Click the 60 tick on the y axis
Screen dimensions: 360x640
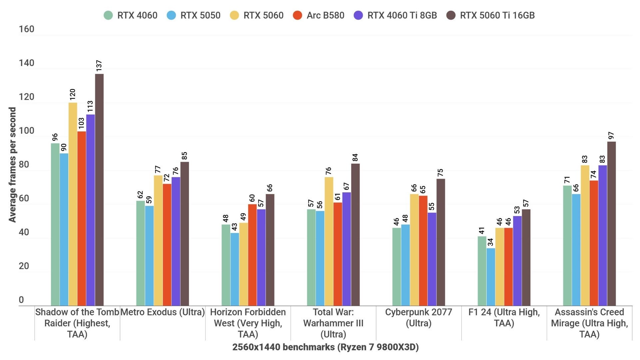24,198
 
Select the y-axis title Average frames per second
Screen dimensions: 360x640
12,165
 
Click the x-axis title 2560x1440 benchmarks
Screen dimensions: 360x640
325,347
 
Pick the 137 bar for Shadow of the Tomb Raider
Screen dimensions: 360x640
99,190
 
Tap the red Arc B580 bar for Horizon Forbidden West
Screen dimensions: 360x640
252,255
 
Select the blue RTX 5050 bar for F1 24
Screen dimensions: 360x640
491,277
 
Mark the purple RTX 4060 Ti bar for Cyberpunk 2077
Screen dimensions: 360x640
432,259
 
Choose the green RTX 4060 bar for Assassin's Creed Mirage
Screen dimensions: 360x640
567,246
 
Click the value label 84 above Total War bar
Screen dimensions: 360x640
355,157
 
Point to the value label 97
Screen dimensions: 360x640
611,136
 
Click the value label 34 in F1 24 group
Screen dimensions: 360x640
490,242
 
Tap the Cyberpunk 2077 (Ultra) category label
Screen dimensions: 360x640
418,318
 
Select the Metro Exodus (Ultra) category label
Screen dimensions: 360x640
163,312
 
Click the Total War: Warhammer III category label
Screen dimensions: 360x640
333,323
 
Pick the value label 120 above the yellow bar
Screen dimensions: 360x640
73,94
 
